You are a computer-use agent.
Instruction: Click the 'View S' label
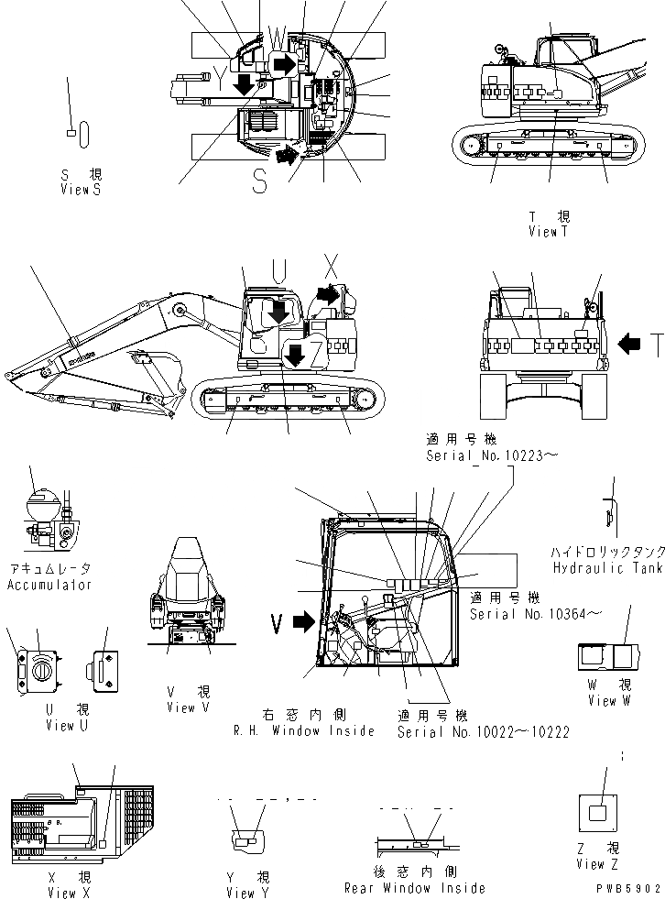pos(81,189)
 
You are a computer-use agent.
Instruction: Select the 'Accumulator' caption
pos(49,584)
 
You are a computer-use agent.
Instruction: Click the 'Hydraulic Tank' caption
pos(607,568)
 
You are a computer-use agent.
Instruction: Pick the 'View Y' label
pos(247,893)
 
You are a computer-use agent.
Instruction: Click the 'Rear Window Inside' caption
pos(415,887)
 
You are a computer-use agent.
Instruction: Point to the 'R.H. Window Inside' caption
pos(304,730)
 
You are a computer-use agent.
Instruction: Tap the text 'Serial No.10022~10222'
pos(484,732)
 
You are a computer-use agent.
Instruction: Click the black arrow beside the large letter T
pos(630,344)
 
